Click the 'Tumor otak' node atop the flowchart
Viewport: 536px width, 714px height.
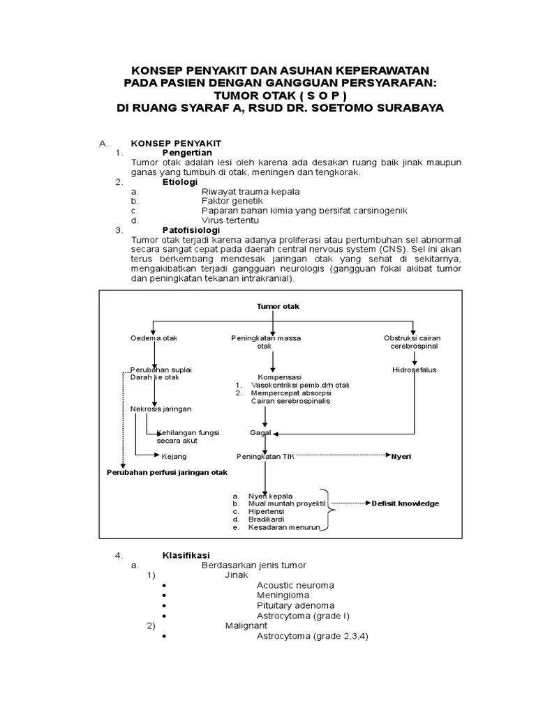point(273,306)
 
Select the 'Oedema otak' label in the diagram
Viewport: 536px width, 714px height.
point(154,338)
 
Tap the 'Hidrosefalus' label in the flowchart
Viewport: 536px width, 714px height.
point(414,370)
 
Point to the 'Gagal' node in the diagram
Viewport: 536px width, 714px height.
point(260,432)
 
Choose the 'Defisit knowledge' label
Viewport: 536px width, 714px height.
point(405,503)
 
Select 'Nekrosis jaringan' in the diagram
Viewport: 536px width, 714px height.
point(161,409)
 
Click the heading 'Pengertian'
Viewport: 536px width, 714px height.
point(186,152)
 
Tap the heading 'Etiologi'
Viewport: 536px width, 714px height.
point(179,181)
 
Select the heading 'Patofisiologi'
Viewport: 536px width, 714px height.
point(191,229)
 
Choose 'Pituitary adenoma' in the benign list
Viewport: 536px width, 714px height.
point(295,605)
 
